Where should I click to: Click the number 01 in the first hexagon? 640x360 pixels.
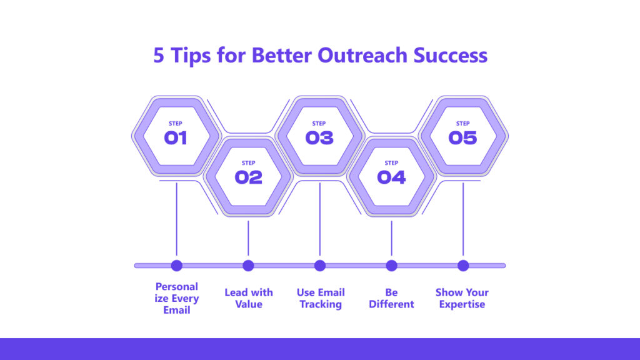coord(176,138)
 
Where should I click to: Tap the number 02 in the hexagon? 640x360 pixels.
coord(248,177)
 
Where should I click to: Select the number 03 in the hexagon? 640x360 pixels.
coord(319,138)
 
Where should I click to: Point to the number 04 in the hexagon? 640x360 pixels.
coord(391,177)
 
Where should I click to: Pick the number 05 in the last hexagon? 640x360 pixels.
coord(462,138)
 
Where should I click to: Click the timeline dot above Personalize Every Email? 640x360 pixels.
coord(177,266)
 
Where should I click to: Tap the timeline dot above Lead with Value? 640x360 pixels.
coord(248,266)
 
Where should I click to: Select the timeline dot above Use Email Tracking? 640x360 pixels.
coord(320,266)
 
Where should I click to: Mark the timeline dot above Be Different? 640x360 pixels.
coord(391,266)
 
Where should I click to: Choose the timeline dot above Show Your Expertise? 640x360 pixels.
coord(463,266)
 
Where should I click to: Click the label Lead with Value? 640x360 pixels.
coord(249,298)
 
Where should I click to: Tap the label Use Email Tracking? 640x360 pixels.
coord(321,298)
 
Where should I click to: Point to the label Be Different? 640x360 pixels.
coord(391,298)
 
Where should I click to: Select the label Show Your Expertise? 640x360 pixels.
coord(462,298)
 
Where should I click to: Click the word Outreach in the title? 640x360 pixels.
coord(362,55)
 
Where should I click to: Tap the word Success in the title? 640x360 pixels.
coord(451,55)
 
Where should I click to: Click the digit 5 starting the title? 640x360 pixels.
coord(158,56)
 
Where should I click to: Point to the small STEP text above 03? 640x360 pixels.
coord(319,123)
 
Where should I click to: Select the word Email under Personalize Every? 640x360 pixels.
coord(177,310)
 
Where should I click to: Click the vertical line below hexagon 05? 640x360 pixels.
coord(463,219)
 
